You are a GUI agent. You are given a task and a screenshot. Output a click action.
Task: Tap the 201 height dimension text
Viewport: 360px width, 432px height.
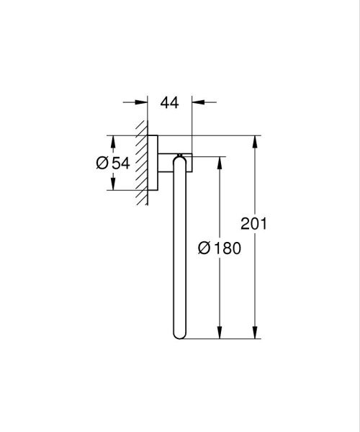254,224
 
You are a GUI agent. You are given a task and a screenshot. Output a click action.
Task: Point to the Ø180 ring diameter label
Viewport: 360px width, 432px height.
218,248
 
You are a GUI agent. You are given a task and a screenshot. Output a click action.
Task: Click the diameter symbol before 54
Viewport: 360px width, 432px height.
102,163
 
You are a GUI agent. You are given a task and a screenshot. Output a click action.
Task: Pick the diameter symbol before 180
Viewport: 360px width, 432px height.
204,248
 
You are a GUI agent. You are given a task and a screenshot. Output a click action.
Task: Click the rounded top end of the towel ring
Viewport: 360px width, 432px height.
180,158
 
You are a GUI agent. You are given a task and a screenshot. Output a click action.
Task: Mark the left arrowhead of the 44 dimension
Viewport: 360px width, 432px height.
143,102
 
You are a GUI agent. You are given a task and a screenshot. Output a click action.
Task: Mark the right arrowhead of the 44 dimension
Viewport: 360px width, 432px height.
197,102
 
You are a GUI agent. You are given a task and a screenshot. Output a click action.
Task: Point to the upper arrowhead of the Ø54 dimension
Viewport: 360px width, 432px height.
112,140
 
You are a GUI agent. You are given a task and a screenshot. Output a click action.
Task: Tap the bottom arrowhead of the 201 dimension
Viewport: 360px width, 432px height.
254,334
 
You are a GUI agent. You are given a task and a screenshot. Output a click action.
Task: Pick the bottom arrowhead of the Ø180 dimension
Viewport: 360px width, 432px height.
218,334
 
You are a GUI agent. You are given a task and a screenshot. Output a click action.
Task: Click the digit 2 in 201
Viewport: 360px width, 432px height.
246,224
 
